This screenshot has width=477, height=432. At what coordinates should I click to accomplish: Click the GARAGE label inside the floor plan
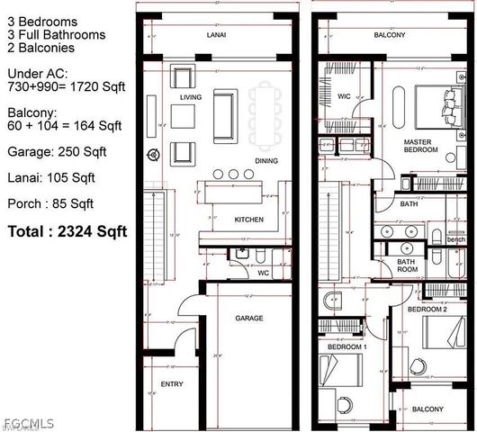pos(249,318)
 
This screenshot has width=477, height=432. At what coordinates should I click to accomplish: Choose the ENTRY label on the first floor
pos(171,384)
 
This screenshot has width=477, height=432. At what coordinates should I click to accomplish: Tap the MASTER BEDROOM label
pos(420,146)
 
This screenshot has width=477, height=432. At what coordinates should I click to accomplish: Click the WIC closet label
pos(345,95)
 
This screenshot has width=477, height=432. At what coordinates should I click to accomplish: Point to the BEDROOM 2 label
pos(427,309)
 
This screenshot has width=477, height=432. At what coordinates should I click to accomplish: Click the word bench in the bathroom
pos(456,239)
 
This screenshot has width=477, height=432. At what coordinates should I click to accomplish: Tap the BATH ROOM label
pos(408,265)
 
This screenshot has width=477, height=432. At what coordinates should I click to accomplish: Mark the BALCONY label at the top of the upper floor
pos(390,36)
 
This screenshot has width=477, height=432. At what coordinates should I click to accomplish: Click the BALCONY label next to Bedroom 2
pos(427,409)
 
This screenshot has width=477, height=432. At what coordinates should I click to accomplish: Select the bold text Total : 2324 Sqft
pos(67,231)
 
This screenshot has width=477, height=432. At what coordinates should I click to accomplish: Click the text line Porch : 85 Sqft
pos(50,202)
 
